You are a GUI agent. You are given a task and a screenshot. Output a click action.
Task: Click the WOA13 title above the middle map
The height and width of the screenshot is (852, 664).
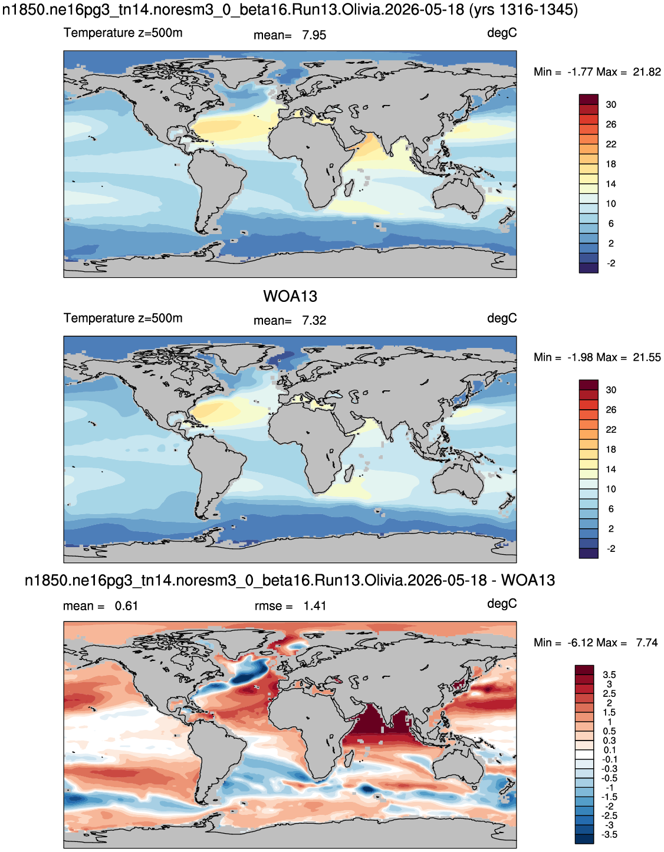[x=290, y=297]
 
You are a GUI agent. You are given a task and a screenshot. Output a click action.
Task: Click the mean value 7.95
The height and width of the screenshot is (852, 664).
[x=314, y=35]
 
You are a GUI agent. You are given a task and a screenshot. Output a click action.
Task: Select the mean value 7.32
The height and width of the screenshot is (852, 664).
[x=314, y=321]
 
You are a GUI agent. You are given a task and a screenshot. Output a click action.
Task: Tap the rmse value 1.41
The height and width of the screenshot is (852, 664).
[x=315, y=606]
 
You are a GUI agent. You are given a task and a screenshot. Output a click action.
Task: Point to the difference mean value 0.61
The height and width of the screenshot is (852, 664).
[x=126, y=606]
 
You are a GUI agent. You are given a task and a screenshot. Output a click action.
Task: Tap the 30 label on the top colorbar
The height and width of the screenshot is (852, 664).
[x=611, y=105]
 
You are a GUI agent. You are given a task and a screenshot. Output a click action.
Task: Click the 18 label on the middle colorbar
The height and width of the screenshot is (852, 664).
[x=611, y=450]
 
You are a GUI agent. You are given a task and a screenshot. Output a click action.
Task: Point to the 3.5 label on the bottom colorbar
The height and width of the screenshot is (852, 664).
[x=609, y=675]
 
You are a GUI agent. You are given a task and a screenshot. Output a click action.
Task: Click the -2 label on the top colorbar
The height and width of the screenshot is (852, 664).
[x=611, y=264]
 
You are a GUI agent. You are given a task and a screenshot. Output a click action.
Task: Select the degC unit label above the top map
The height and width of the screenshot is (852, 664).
[x=502, y=34]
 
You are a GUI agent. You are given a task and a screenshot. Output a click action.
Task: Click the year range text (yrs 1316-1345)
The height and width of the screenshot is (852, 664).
[x=522, y=10]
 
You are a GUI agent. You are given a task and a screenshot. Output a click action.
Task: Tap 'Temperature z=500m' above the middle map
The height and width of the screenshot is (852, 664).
[x=123, y=318]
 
